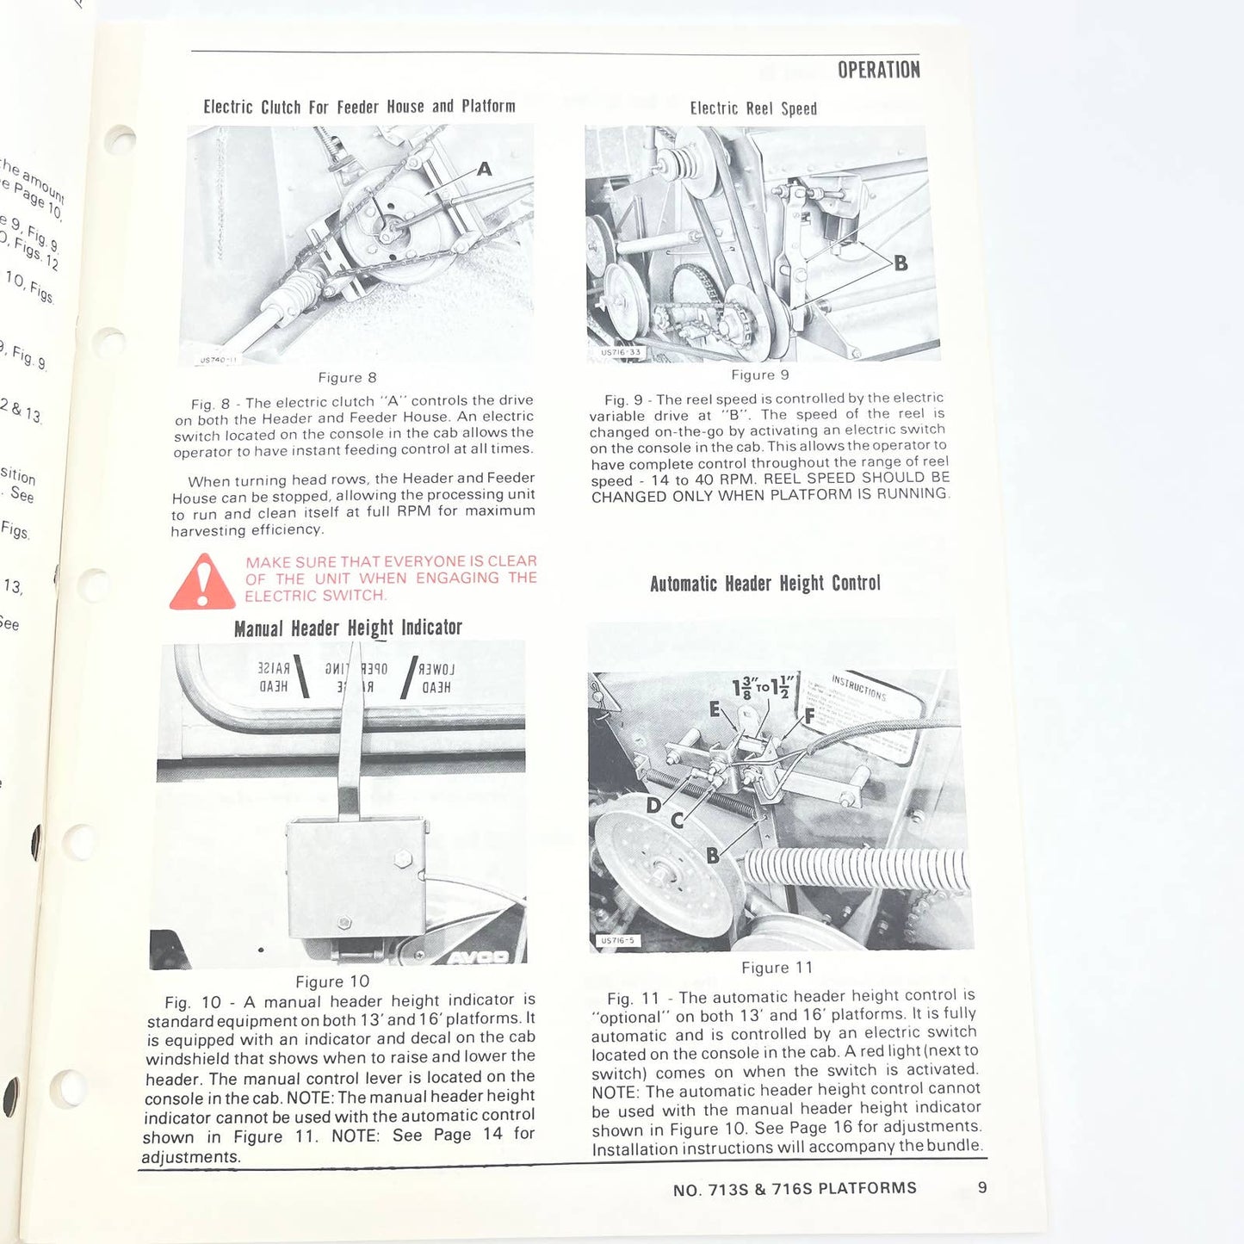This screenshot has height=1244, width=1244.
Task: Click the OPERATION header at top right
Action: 878,71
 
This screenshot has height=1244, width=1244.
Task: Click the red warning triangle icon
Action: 202,583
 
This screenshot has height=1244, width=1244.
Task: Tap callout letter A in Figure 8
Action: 485,170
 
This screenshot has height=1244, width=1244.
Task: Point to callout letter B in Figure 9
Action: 901,263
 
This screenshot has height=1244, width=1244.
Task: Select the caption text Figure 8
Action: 347,378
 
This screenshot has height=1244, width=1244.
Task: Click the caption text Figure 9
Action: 760,375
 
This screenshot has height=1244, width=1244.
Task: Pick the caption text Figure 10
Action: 332,982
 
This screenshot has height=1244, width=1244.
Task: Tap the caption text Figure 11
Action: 777,969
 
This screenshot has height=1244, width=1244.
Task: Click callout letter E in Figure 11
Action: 715,709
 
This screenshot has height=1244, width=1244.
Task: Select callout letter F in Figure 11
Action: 809,716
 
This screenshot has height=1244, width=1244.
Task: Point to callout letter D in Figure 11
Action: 653,806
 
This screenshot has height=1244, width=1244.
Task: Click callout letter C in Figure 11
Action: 678,821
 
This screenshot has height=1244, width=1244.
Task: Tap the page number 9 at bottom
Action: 982,1188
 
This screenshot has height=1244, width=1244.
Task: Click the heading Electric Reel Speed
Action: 753,109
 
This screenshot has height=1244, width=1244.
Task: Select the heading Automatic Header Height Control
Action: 765,584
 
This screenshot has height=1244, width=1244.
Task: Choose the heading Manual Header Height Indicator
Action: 348,628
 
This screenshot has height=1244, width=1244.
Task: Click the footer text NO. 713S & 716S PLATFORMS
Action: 795,1189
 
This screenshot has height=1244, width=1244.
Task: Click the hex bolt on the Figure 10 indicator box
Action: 402,859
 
